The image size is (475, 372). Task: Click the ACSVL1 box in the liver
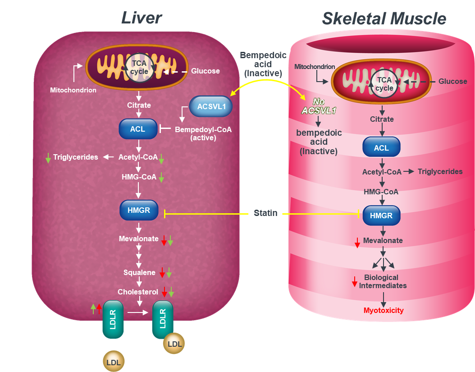[x=211, y=106]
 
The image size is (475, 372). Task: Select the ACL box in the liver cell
[x=137, y=129]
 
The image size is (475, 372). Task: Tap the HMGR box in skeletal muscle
[x=381, y=216]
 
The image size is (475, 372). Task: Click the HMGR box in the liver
[x=138, y=210]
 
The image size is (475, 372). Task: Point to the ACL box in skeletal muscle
[x=381, y=148]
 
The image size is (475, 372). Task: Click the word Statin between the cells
[x=265, y=213]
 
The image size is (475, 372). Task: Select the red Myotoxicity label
[x=384, y=310]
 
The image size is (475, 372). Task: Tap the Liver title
[x=141, y=18]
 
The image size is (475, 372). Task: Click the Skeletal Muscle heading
[x=384, y=18]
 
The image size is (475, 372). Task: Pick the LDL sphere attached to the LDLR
[x=174, y=344]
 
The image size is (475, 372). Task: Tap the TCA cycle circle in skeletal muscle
[x=384, y=84]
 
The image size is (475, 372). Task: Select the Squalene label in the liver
[x=139, y=272]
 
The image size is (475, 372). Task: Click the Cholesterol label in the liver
[x=138, y=292]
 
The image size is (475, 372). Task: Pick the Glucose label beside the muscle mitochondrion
[x=452, y=81]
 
